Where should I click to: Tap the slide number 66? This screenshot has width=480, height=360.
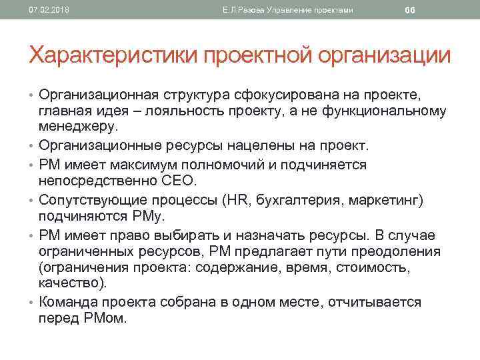tap(410, 10)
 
